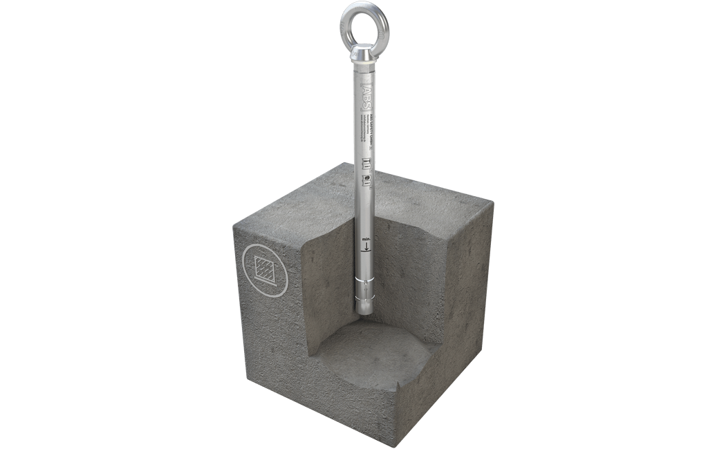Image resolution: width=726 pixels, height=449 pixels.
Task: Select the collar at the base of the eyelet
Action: tap(364, 56)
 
